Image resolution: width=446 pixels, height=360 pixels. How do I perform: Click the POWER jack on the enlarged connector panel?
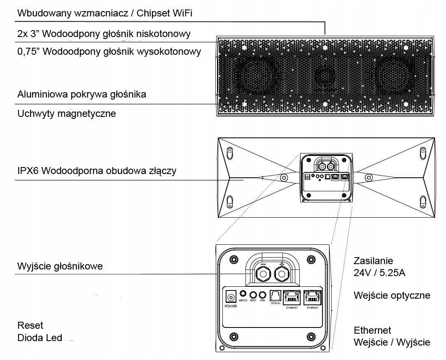231,296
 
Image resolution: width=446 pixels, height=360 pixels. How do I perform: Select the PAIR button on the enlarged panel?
262,295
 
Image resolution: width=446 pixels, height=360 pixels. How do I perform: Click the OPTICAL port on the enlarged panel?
275,296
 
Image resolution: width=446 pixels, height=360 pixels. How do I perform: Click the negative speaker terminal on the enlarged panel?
262,274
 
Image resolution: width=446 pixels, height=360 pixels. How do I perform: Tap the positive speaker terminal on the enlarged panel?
282,274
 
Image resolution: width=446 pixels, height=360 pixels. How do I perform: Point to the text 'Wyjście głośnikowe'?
60,266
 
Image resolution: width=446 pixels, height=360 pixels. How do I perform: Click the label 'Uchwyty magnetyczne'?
67,114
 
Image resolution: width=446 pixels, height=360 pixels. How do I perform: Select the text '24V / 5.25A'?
380,273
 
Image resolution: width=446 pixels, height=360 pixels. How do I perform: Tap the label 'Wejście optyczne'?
392,295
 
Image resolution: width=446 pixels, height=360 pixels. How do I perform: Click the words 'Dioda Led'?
40,338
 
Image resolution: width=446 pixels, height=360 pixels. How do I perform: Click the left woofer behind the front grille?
255,74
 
